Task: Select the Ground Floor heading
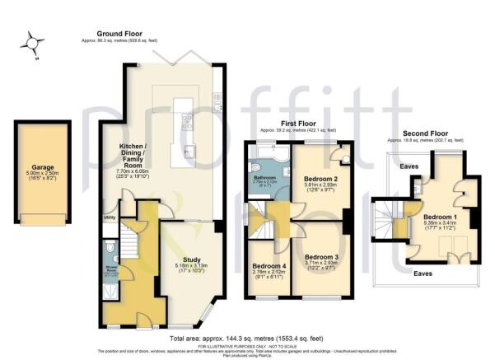tap(116, 34)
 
